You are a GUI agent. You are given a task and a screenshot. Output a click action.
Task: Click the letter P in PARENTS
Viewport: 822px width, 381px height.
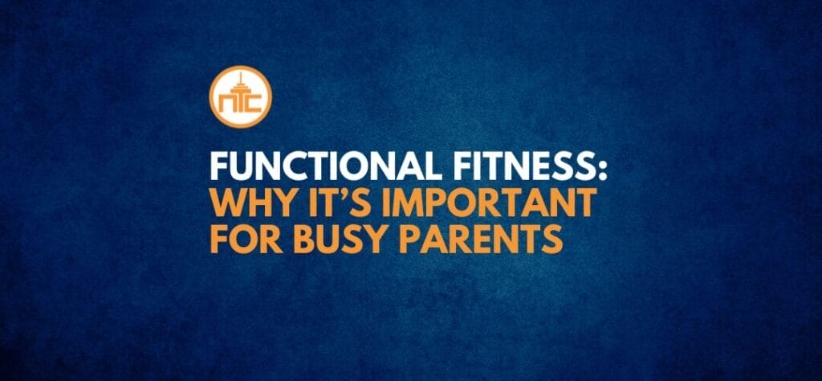tap(418, 240)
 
